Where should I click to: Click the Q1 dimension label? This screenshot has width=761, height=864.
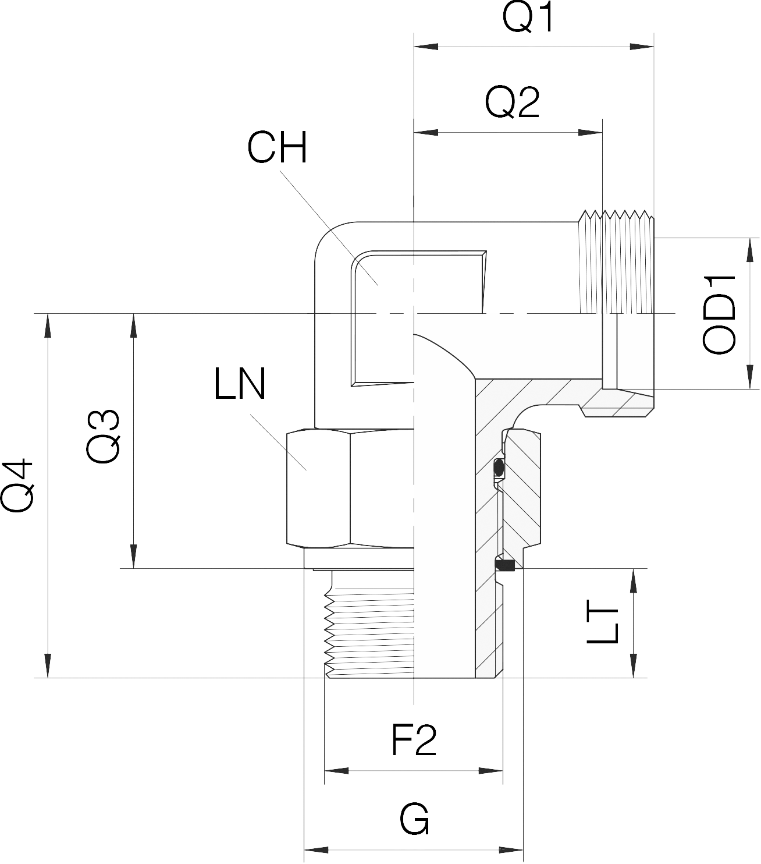tap(529, 19)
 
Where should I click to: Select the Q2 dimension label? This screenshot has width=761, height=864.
tap(513, 104)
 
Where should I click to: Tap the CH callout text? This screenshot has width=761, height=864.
tap(277, 148)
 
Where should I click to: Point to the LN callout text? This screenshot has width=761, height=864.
tap(240, 384)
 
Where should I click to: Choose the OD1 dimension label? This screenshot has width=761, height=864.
tap(720, 315)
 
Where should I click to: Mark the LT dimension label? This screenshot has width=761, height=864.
tap(602, 625)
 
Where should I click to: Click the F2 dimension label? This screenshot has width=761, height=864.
tap(414, 741)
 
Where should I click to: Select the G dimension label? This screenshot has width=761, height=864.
tap(414, 820)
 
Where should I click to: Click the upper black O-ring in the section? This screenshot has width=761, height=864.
tap(498, 467)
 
